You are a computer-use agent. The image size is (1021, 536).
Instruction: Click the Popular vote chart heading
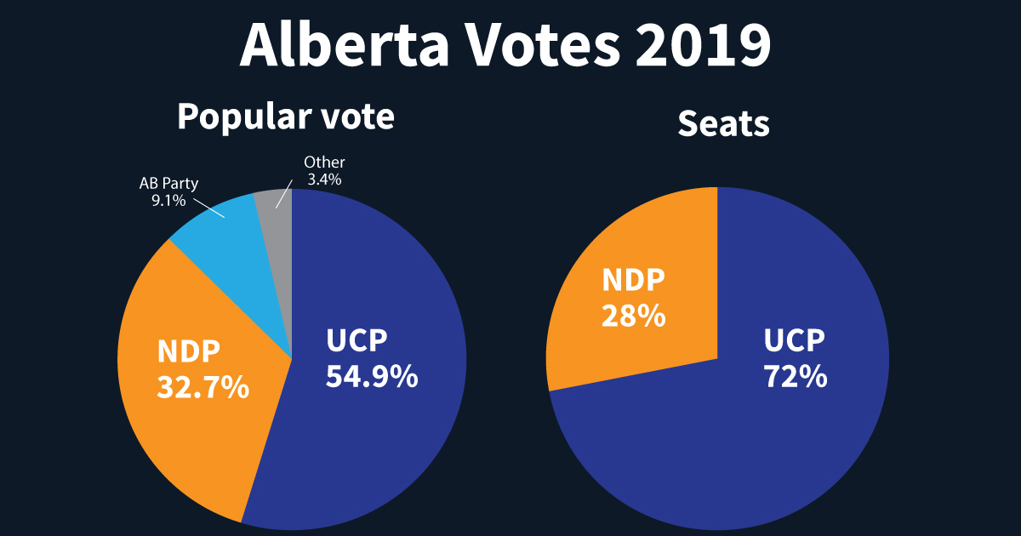(x=286, y=117)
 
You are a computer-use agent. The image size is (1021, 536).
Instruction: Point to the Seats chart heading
(x=723, y=125)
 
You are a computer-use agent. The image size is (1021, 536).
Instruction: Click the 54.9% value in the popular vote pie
(x=372, y=375)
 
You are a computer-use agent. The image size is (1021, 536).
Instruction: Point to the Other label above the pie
(x=324, y=163)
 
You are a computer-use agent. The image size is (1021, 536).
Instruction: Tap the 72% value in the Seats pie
(x=795, y=375)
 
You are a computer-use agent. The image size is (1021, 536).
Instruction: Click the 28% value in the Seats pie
(x=633, y=316)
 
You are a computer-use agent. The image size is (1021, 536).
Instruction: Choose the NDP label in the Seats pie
(x=634, y=282)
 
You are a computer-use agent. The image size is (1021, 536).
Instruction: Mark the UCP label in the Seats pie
(x=795, y=341)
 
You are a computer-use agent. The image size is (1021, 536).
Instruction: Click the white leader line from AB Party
(x=208, y=208)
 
